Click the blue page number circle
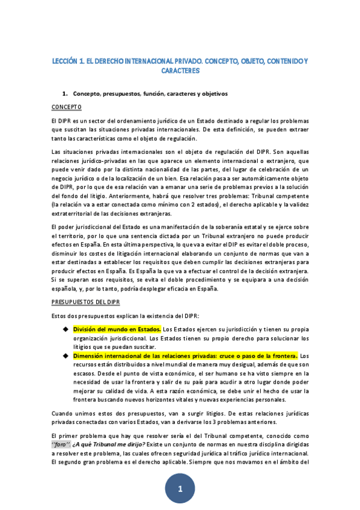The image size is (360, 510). [x=180, y=489]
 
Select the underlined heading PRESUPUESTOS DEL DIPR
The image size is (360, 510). [x=87, y=303]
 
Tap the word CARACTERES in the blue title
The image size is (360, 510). [x=180, y=70]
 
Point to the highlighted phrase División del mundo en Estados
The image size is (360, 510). [x=117, y=330]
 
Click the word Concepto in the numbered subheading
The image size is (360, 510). [x=87, y=94]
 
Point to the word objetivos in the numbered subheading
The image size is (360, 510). [x=215, y=94]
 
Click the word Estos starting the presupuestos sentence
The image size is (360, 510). [x=61, y=316]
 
